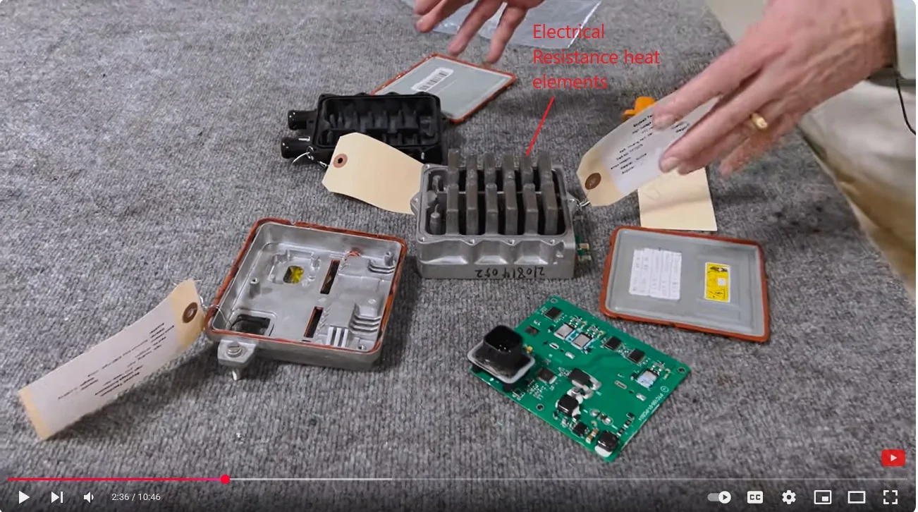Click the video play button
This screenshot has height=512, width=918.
point(23,497)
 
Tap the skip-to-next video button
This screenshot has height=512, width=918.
point(56,497)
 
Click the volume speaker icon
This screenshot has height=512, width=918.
point(89,497)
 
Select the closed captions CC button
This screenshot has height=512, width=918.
point(754,497)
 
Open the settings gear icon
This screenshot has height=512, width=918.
point(788,497)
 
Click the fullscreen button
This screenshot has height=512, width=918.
point(891,497)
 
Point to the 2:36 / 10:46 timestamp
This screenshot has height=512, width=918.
point(135,497)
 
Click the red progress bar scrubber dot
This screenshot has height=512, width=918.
point(225,480)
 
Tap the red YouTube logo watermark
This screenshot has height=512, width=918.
point(893,458)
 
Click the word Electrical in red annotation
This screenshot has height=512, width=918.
point(568,32)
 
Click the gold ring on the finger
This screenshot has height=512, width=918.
point(758,121)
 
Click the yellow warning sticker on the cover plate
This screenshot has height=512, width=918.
point(717,281)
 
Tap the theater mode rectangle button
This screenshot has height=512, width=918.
point(856,497)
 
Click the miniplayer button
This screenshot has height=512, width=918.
point(822,497)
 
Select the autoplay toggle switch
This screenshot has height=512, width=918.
point(719,497)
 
